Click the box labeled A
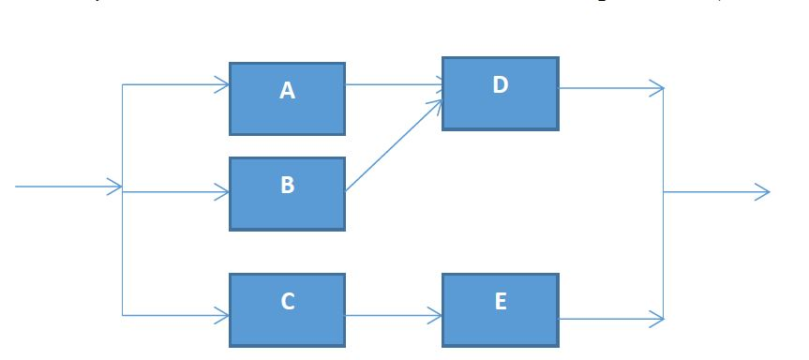pyautogui.click(x=287, y=98)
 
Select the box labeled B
pyautogui.click(x=287, y=193)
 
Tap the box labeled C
pyautogui.click(x=287, y=309)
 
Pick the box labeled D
pyautogui.click(x=500, y=93)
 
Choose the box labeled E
pyautogui.click(x=500, y=309)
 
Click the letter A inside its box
pyautogui.click(x=287, y=91)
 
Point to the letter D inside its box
pyautogui.click(x=500, y=85)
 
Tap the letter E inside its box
pyautogui.click(x=500, y=301)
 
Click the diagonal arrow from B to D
pyautogui.click(x=394, y=144)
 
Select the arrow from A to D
pyautogui.click(x=394, y=84)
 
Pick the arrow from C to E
pyautogui.click(x=394, y=316)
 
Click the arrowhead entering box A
pyautogui.click(x=224, y=84)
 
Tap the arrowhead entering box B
pyautogui.click(x=224, y=192)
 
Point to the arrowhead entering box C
pyautogui.click(x=224, y=315)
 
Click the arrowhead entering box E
pyautogui.click(x=437, y=316)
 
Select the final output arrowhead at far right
pyautogui.click(x=764, y=192)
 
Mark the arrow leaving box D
pyautogui.click(x=609, y=89)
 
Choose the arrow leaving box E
pyautogui.click(x=609, y=319)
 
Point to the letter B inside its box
pyautogui.click(x=287, y=186)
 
